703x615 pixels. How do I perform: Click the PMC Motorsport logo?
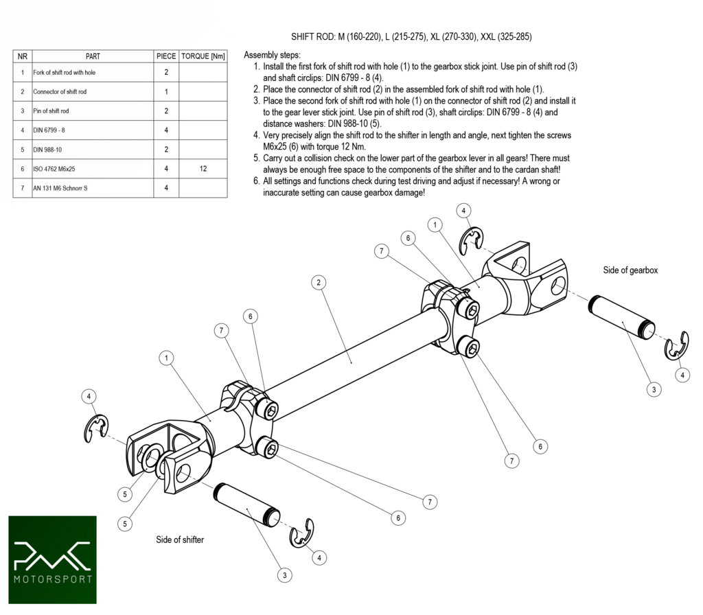[x=52, y=559]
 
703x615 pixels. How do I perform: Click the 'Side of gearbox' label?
[x=630, y=270]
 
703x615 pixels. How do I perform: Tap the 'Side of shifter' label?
[x=180, y=539]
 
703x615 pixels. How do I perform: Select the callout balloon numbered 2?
[x=317, y=282]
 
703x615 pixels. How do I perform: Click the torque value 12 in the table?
[x=203, y=168]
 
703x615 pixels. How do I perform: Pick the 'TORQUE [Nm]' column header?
[x=203, y=56]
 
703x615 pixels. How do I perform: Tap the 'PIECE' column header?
[x=166, y=56]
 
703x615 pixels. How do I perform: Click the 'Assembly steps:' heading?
[x=272, y=55]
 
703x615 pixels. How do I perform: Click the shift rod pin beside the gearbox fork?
[x=621, y=315]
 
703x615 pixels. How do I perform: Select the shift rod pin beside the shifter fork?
[x=247, y=504]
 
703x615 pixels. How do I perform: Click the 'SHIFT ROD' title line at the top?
[x=411, y=36]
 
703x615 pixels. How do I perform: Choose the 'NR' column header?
[x=23, y=56]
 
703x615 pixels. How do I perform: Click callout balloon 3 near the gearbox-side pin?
[x=654, y=389]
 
